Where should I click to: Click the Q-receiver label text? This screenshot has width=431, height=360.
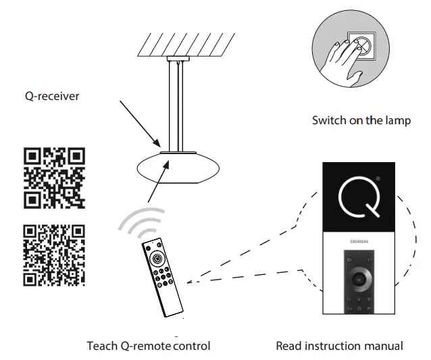[x=51, y=96]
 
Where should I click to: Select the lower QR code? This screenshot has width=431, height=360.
[x=55, y=255]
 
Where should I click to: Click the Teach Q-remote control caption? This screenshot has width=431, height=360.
[x=149, y=346]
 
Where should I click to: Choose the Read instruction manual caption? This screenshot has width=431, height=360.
[x=339, y=346]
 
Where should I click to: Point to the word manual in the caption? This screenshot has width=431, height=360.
[x=382, y=346]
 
